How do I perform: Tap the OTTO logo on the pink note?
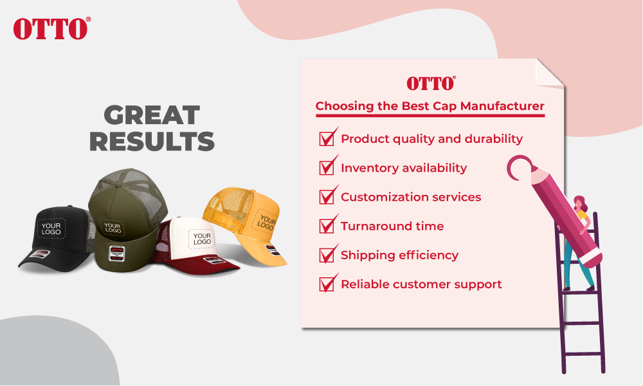pos(431,83)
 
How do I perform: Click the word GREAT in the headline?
pos(152,115)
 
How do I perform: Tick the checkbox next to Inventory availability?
pos(327,167)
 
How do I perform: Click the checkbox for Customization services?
pos(327,196)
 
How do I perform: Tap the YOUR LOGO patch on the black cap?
pos(51,228)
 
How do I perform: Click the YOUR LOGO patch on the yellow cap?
pos(266,223)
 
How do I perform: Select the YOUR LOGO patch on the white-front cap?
pos(202,239)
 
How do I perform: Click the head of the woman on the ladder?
pos(580,203)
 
